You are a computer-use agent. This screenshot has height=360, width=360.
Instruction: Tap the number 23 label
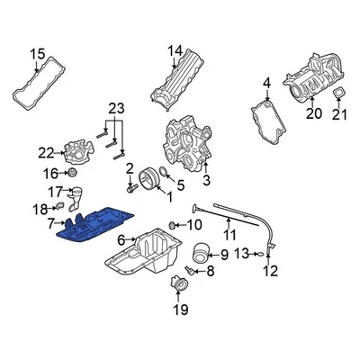(114, 110)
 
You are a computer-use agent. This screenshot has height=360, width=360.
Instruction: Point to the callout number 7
(51, 221)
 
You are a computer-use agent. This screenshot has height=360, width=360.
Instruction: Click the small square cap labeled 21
(339, 94)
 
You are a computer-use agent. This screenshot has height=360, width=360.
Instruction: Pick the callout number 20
(312, 112)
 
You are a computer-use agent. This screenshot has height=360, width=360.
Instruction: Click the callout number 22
(46, 153)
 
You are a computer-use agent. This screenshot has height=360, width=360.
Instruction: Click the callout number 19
(179, 310)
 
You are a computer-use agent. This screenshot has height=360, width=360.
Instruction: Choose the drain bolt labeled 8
(189, 270)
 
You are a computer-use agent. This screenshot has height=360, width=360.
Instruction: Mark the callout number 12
(271, 270)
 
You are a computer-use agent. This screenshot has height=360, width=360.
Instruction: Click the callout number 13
(240, 255)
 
